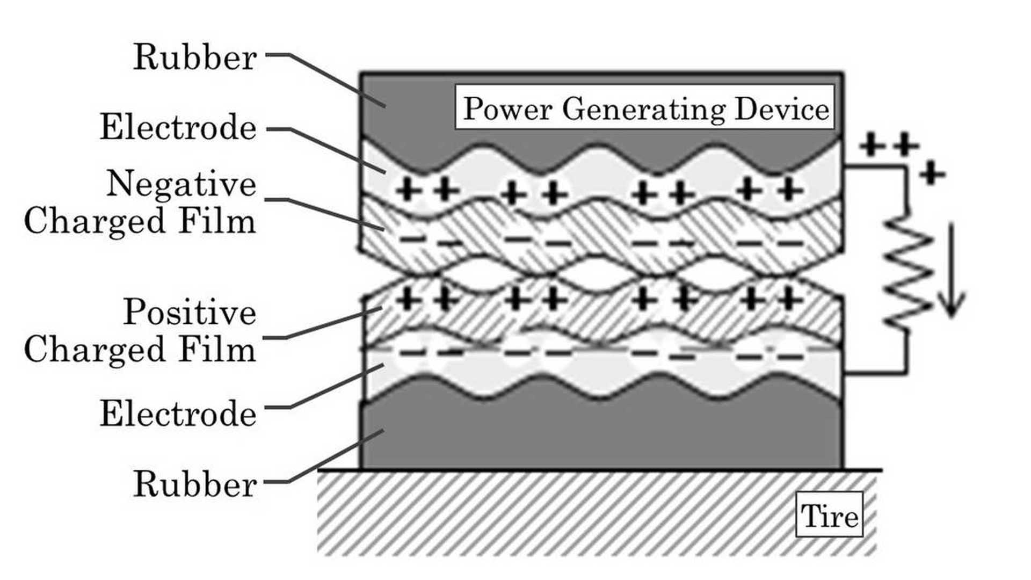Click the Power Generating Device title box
click(x=644, y=107)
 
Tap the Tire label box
click(x=829, y=515)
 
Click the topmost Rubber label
click(x=194, y=57)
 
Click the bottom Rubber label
click(x=194, y=484)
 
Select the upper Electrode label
click(x=178, y=127)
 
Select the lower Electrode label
click(x=178, y=414)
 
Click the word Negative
click(x=181, y=184)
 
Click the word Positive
click(x=190, y=311)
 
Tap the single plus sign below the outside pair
click(x=932, y=173)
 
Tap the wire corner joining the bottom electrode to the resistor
click(x=906, y=372)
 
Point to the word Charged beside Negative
click(x=94, y=221)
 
